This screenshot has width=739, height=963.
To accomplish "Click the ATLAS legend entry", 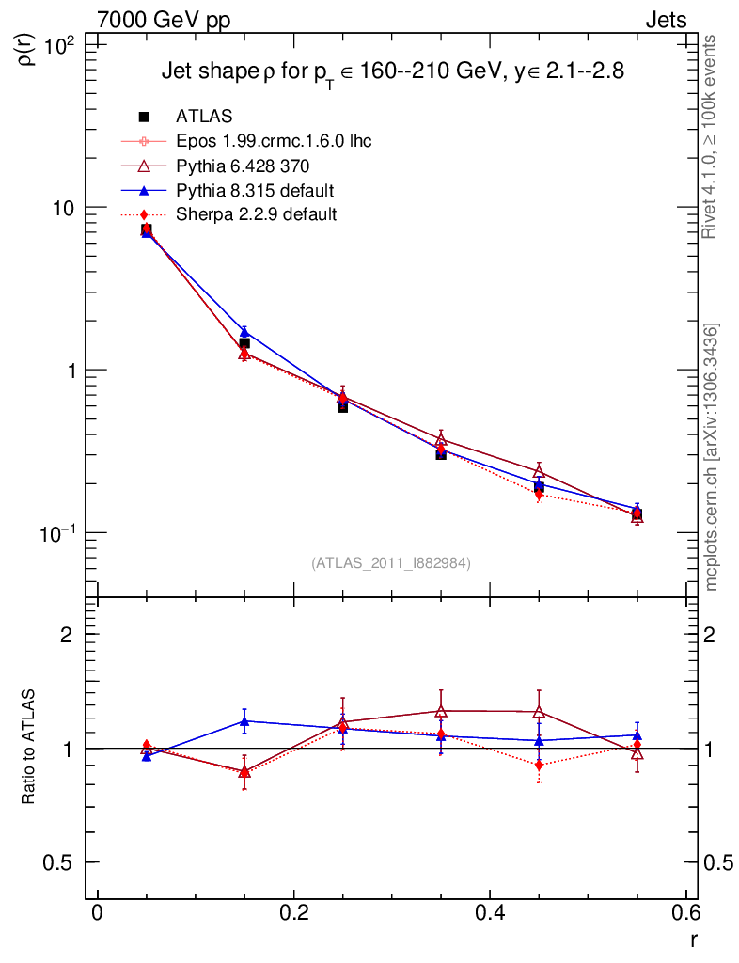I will [204, 117].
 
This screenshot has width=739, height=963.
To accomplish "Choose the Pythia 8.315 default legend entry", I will [255, 190].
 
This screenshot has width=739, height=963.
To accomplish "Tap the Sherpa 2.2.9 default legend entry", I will [256, 214].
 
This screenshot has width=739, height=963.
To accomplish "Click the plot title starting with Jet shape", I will [392, 72].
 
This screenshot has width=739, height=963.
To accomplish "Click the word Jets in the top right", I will [665, 20].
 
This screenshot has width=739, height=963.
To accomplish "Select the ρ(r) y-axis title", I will [28, 46].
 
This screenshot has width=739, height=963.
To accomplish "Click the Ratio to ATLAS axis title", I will [28, 748].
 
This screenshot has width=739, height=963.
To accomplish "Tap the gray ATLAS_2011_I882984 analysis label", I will [391, 563].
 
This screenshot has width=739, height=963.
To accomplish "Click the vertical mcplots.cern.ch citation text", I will [713, 457].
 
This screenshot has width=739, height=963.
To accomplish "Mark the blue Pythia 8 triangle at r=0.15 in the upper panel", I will [244, 332].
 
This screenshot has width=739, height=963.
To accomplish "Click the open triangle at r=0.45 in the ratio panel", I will [539, 712].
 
